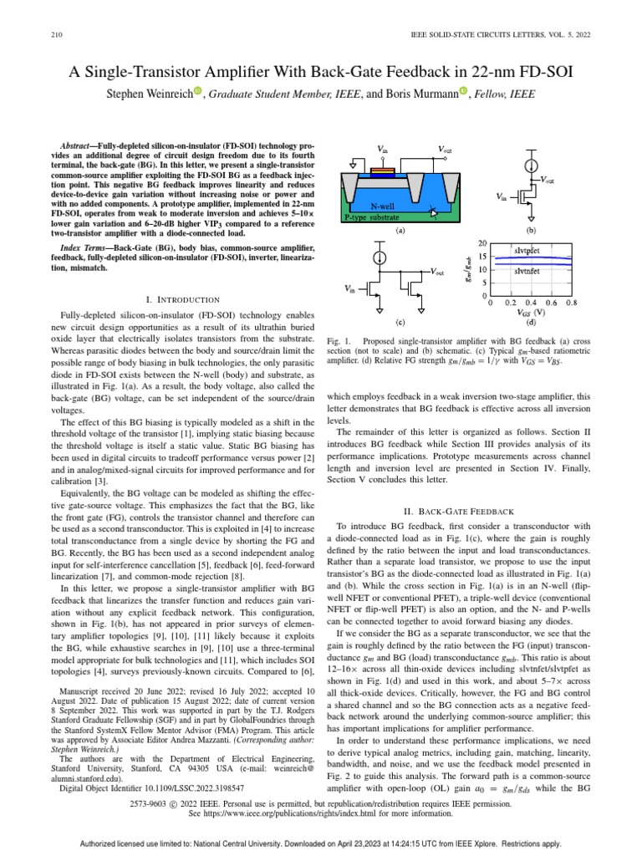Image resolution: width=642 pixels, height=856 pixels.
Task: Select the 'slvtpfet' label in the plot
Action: [532, 250]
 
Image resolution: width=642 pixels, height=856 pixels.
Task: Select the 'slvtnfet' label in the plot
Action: [532, 271]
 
